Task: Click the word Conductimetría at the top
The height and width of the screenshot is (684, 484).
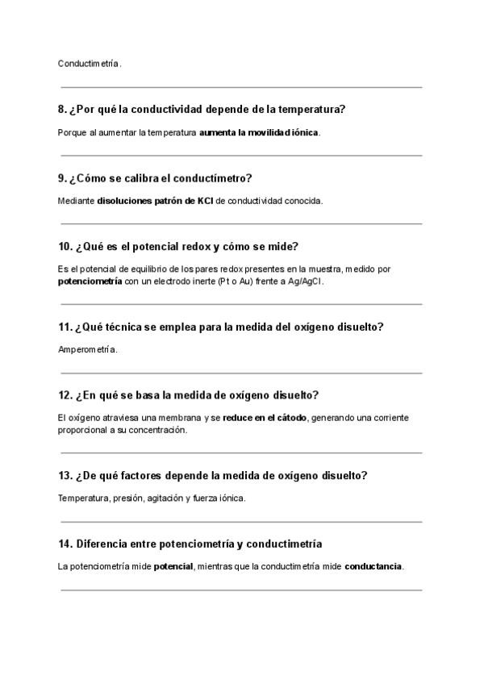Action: [90, 63]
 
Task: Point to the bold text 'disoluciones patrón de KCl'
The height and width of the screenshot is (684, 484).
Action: [155, 201]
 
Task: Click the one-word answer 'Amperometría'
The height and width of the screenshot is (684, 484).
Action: [88, 350]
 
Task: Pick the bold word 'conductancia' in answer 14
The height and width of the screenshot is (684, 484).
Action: [373, 566]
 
